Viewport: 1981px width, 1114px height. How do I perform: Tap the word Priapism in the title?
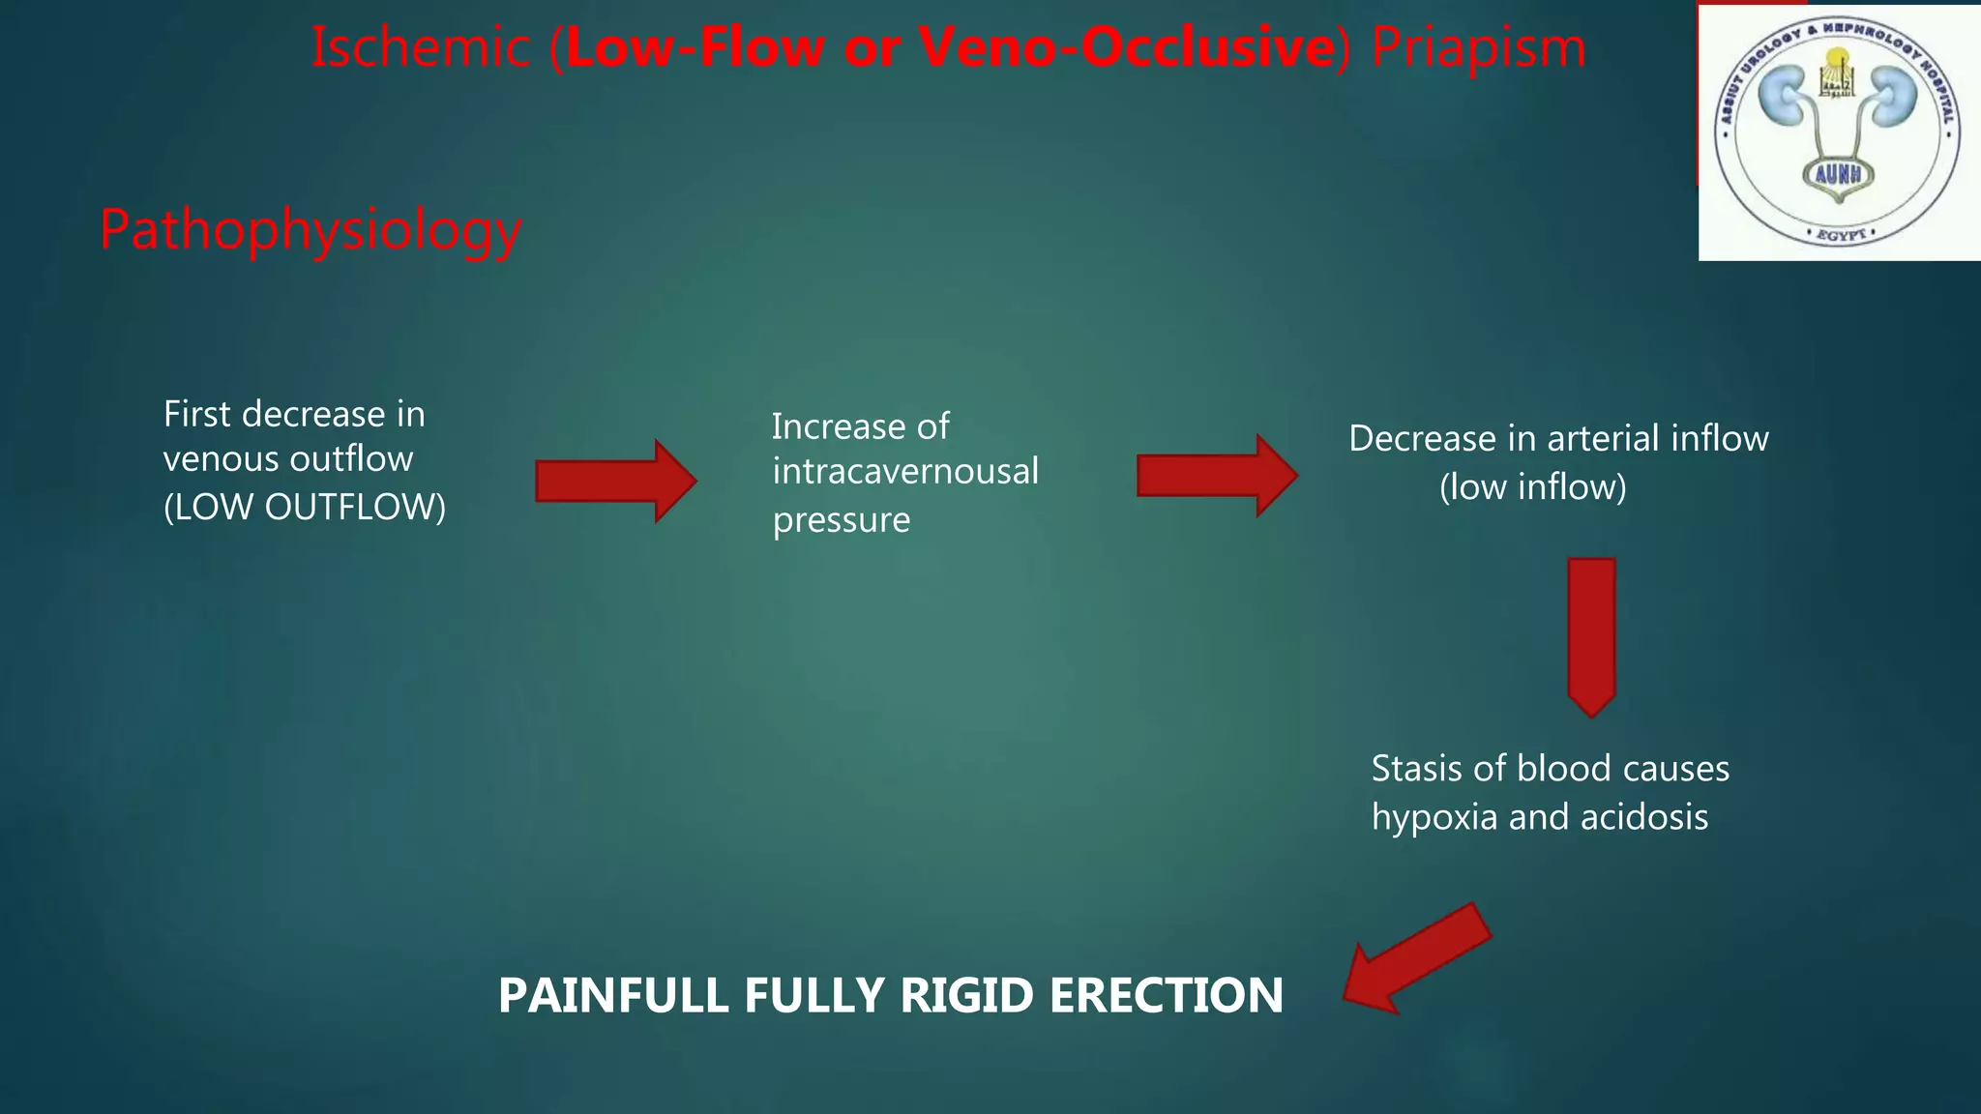pyautogui.click(x=1479, y=47)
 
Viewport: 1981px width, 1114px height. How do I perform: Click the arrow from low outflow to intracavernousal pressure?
pyautogui.click(x=616, y=481)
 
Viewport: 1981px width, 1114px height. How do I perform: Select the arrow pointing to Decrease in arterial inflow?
pyautogui.click(x=1217, y=475)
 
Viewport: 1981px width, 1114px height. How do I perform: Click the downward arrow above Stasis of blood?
pyautogui.click(x=1591, y=635)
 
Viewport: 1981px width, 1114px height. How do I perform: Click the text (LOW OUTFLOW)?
pyautogui.click(x=305, y=507)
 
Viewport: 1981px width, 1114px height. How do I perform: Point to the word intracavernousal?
pyautogui.click(x=905, y=471)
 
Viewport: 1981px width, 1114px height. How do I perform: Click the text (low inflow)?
pyautogui.click(x=1532, y=486)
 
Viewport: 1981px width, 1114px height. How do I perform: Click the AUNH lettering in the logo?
pyautogui.click(x=1838, y=174)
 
